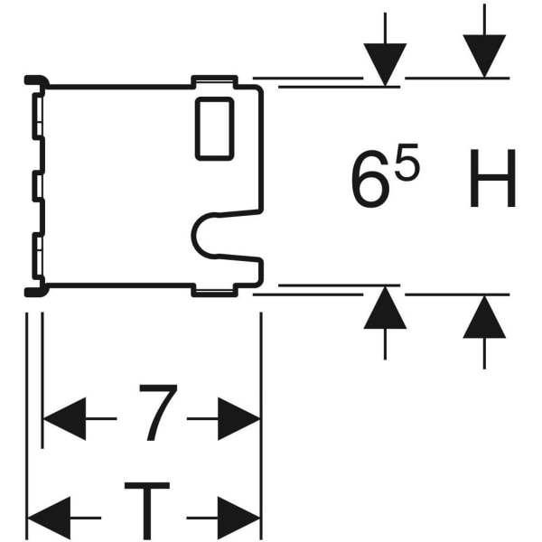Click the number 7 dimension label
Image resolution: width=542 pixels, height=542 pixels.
[157, 413]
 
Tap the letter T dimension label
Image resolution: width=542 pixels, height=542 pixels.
[146, 510]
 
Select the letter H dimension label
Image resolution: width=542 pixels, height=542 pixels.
[491, 182]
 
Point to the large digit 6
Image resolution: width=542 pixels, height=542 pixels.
[370, 183]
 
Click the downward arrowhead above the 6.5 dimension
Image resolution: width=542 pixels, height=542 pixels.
[385, 63]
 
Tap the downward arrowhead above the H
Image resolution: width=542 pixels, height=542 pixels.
[484, 56]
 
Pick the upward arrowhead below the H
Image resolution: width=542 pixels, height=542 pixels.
[484, 316]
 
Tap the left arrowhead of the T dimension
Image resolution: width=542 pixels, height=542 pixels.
[49, 518]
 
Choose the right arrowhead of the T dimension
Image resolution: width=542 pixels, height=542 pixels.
[238, 518]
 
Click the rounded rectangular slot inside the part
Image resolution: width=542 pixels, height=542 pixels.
[215, 129]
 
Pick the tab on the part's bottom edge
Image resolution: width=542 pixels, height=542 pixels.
[215, 290]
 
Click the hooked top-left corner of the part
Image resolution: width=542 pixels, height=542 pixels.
[34, 81]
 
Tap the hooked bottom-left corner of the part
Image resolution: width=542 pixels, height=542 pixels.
[34, 290]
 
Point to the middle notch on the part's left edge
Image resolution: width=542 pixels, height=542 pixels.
[37, 186]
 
